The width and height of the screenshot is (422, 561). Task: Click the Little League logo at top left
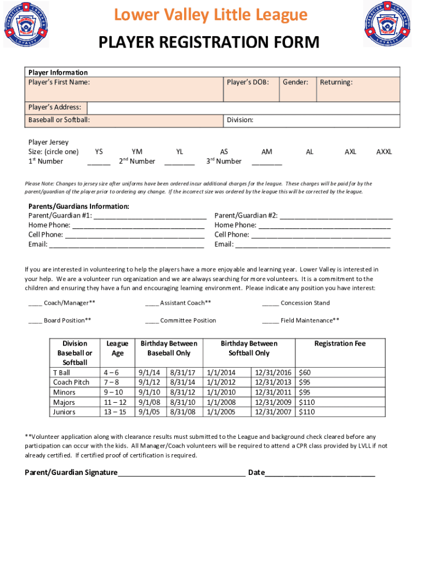26,24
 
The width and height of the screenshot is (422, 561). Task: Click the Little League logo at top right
387,24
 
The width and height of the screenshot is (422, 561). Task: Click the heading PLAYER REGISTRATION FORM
208,42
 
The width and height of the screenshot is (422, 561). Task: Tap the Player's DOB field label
248,82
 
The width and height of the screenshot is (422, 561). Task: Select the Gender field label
295,82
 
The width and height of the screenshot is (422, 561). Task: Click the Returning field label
336,82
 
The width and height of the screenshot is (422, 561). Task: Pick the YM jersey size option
137,152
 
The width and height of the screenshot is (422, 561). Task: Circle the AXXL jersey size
384,152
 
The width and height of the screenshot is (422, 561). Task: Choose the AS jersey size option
224,152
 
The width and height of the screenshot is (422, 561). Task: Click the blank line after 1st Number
99,163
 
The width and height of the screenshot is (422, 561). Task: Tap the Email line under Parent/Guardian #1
127,245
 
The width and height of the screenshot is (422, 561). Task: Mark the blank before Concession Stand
270,304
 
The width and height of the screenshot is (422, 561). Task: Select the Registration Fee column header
340,344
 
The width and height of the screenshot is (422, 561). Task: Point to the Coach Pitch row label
71,382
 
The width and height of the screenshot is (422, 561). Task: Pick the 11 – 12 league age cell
115,402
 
